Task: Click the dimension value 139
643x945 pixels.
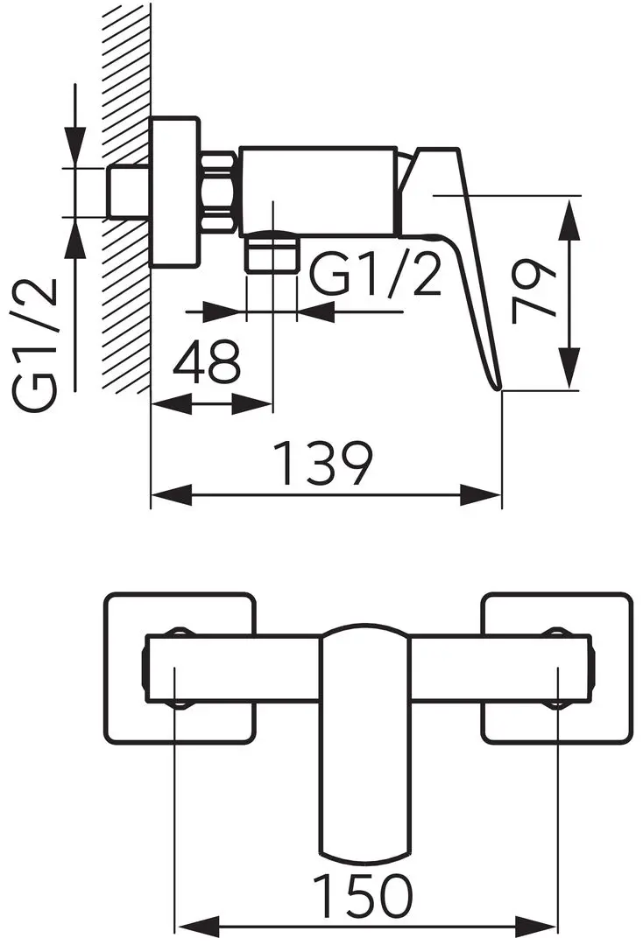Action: (x=324, y=464)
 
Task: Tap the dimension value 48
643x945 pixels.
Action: (x=206, y=360)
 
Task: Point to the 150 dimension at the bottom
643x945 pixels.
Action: (x=364, y=896)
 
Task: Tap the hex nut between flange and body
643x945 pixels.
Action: (x=219, y=192)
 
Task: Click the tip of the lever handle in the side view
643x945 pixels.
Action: (x=498, y=388)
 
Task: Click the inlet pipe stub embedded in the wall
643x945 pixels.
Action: (x=129, y=192)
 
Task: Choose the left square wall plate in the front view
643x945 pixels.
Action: (x=180, y=669)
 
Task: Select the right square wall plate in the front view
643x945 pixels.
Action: (x=557, y=669)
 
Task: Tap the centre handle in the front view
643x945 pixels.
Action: (x=364, y=740)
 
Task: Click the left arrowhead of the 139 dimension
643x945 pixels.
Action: (x=172, y=495)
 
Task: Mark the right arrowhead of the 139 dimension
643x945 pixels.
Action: (x=481, y=495)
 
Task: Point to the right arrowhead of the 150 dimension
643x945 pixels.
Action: (x=536, y=928)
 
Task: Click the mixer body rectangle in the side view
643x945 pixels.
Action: (x=318, y=191)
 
